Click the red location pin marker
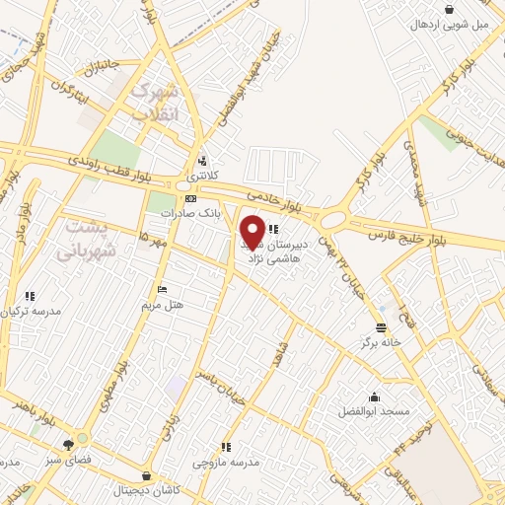point(252,233)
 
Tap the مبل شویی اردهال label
point(451,24)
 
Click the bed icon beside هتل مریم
point(163,289)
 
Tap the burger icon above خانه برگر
point(382,328)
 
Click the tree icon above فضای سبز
point(67,443)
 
